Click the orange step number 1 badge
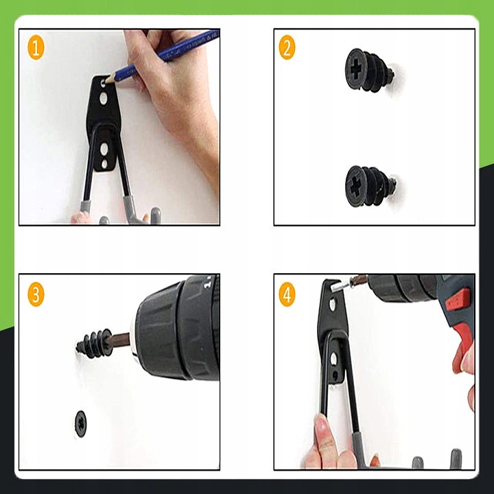coord(36,48)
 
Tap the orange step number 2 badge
coord(287,47)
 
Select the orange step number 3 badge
coord(36,294)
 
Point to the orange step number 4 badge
coord(287,294)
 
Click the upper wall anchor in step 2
coord(369,70)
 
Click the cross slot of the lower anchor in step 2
coord(355,186)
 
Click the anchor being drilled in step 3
coord(93,344)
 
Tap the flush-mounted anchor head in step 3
coord(81,424)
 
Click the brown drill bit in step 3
coord(119,341)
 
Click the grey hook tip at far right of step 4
coord(456,459)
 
